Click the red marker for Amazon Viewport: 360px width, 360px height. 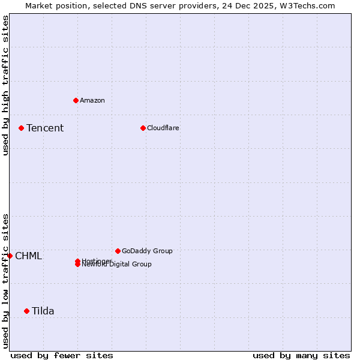(76, 100)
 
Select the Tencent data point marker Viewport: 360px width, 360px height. (21, 128)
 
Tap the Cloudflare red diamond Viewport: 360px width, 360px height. (143, 128)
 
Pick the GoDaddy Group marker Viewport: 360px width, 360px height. (118, 251)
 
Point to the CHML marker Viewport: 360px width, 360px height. (10, 256)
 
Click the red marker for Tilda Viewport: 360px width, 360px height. (26, 311)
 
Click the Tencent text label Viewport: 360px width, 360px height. (45, 128)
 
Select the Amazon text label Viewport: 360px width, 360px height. (92, 100)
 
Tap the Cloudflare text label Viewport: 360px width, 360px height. (163, 128)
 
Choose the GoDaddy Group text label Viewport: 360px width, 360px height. (147, 251)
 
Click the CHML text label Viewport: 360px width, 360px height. (28, 256)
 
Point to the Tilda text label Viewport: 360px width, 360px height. (43, 311)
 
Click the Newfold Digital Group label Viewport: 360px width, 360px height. (117, 265)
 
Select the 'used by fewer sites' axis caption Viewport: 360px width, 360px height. (62, 355)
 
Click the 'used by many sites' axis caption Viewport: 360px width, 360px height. (301, 355)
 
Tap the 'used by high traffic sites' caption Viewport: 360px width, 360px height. (5, 85)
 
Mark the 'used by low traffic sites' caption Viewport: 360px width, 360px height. (5, 281)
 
